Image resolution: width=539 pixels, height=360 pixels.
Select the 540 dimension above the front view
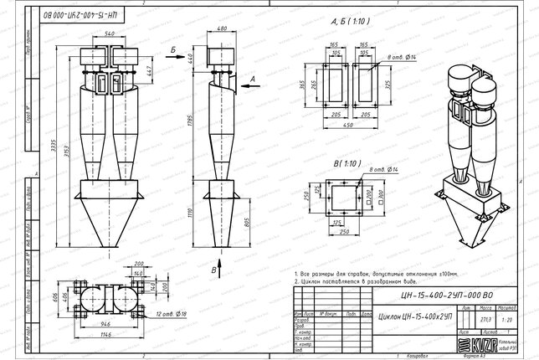click(108, 33)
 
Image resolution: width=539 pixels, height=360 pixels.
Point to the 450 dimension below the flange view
click(348, 126)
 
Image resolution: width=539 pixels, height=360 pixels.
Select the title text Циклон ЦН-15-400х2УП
click(410, 318)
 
